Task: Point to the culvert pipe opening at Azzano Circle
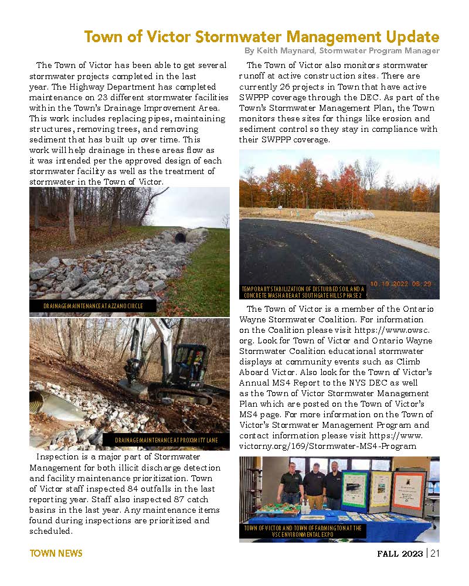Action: point(179,237)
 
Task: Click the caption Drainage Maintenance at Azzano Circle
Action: point(93,306)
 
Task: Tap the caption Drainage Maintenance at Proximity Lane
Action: point(166,440)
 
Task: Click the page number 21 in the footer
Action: point(434,553)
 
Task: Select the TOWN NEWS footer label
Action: point(56,553)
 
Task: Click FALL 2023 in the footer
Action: point(399,553)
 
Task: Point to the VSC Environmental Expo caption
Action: point(303,531)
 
